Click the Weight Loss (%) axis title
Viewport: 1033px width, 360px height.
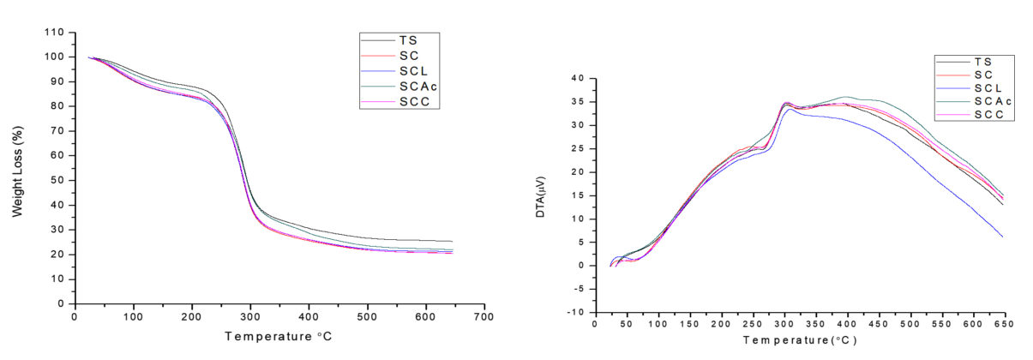coord(16,168)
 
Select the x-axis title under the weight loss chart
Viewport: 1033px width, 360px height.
coord(279,336)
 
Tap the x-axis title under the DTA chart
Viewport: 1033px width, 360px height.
coord(798,340)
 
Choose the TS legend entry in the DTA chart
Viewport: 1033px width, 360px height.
coord(982,62)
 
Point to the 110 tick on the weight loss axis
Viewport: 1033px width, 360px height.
coord(54,32)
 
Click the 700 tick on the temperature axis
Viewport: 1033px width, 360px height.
coord(484,317)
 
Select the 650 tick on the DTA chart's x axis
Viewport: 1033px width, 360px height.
coord(1002,324)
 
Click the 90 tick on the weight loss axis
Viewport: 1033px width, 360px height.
coord(57,81)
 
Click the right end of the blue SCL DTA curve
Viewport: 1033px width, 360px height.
coord(1002,237)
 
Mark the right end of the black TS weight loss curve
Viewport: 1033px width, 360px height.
coord(452,242)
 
